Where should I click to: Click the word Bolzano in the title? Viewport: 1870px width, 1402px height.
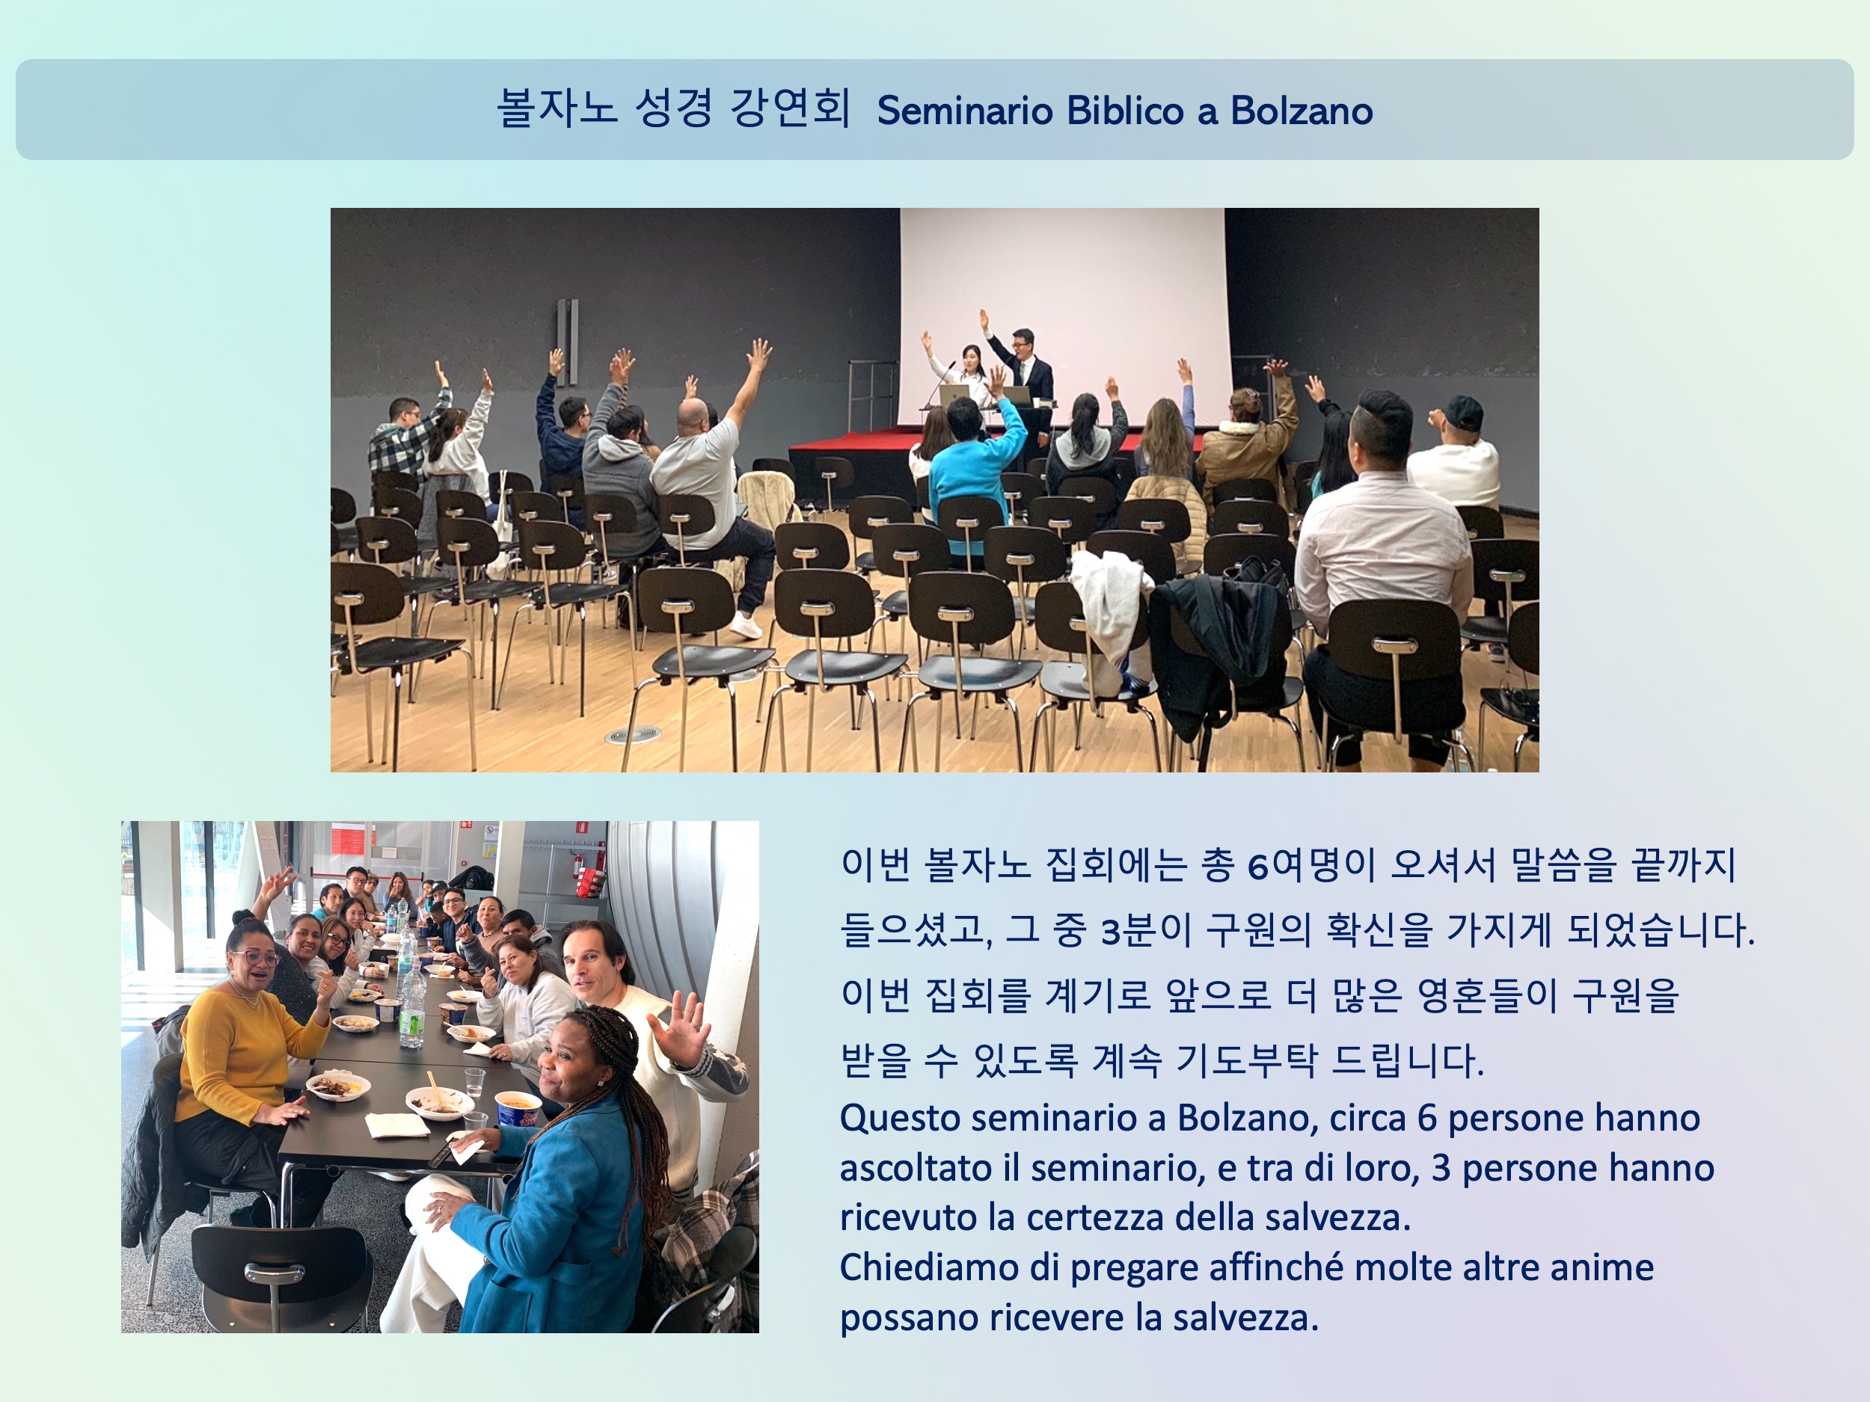1301,111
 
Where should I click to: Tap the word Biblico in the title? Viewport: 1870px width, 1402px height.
1125,111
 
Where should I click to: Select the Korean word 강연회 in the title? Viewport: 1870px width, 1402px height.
790,108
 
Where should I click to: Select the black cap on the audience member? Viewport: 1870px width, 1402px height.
1463,411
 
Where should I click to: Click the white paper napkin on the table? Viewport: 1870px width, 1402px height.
396,1125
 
